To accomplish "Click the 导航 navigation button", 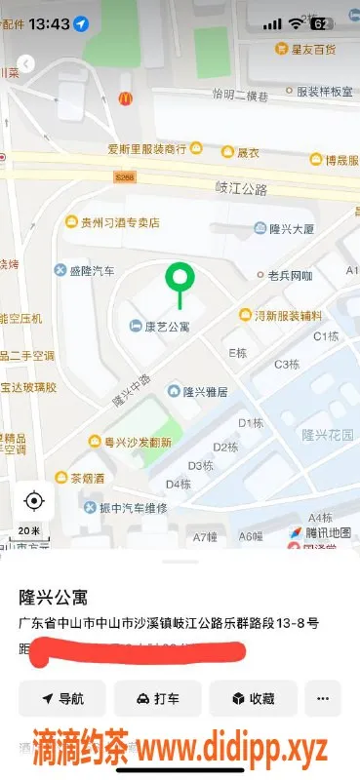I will pyautogui.click(x=62, y=698).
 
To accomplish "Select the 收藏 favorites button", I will pyautogui.click(x=253, y=698).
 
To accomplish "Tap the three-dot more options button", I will pyautogui.click(x=323, y=698).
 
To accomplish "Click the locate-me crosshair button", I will pyautogui.click(x=34, y=501).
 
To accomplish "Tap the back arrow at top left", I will pyautogui.click(x=26, y=63).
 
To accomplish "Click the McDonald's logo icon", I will pyautogui.click(x=125, y=97).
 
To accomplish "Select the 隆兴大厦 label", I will pyautogui.click(x=290, y=229).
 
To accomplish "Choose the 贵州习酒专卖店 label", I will pyautogui.click(x=119, y=221).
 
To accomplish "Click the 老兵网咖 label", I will pyautogui.click(x=290, y=276).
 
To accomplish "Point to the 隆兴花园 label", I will pyautogui.click(x=326, y=434).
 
